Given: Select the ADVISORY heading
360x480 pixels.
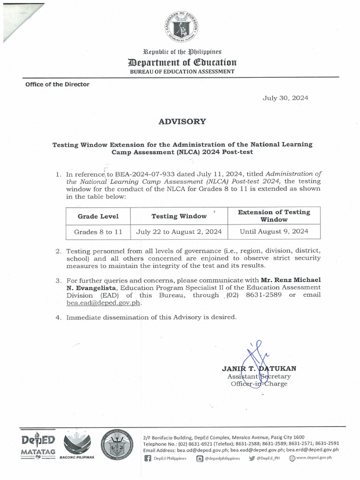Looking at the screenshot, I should [182, 121].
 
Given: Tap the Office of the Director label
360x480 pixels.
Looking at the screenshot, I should [52, 84].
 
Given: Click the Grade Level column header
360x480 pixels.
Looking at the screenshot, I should [98, 216].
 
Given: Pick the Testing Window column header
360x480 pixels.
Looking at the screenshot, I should [179, 216].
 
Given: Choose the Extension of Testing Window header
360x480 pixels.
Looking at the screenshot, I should [274, 216].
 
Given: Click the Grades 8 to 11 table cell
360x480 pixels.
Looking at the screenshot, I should [98, 232].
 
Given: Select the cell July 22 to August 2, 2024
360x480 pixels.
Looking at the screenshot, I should [179, 232].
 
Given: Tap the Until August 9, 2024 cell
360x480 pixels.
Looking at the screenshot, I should [274, 232].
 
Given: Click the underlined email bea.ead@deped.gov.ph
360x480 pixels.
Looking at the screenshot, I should [104, 303].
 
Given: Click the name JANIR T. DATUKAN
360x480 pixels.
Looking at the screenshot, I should [259, 368].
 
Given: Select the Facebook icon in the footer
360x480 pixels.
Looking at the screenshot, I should [148, 458].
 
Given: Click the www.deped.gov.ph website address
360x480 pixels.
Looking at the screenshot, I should [314, 458].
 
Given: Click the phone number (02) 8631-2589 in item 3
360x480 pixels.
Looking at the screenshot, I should [254, 295].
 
